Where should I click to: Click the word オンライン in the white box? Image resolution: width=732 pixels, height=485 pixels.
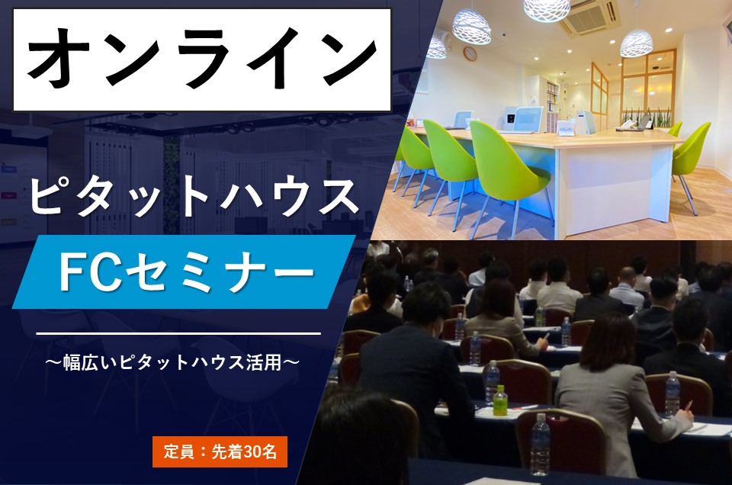[201, 58]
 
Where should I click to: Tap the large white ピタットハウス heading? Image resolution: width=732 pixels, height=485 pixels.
[194, 198]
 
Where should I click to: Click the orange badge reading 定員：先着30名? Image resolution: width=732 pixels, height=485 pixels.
[220, 451]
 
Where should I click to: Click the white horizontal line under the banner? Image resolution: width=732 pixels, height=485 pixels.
[178, 334]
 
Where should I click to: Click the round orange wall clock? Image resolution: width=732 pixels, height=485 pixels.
[470, 53]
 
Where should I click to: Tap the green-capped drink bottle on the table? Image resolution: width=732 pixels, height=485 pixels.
[500, 400]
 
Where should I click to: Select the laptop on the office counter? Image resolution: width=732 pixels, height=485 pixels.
[644, 122]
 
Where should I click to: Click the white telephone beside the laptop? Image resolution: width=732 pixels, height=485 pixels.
[625, 124]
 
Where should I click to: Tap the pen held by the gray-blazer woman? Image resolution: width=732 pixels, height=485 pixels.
[689, 406]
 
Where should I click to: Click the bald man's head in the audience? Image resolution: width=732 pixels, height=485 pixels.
[628, 275]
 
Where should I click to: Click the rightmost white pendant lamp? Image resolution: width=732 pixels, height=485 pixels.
[636, 43]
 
